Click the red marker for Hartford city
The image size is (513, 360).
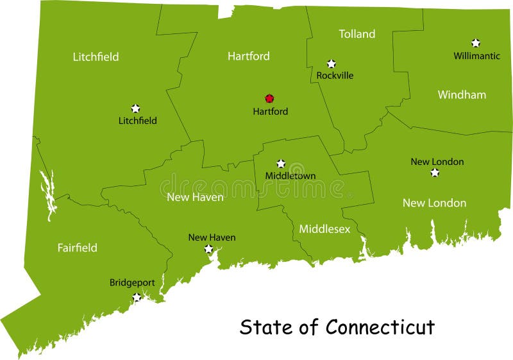coord(269,99)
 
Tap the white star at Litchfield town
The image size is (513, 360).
coord(135,108)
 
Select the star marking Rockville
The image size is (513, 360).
coord(331,64)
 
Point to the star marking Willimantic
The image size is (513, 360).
coord(475,43)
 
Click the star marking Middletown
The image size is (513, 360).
coord(280,164)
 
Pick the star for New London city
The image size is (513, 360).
coord(435,173)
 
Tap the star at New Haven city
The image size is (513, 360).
coord(208,249)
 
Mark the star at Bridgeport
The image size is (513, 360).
coord(137,297)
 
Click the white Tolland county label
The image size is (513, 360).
coord(357,34)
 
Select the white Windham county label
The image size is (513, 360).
coord(462,95)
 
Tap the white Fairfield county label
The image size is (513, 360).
coord(77,248)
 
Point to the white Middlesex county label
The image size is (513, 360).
coord(324,229)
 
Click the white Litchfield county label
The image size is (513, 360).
coord(96,57)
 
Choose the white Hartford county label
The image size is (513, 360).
coord(248,56)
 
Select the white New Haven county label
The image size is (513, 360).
coord(195,198)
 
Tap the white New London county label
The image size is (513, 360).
coord(434,203)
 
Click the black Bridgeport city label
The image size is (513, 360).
coord(132,282)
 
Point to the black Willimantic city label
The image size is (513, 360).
coord(476,56)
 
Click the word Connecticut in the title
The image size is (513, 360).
coord(380,327)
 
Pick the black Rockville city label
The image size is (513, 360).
coord(335,76)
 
